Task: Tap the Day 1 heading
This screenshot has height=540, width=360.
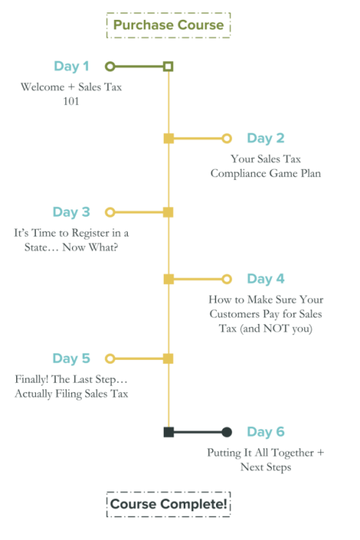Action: [71, 66]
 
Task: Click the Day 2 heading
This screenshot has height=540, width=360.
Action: [266, 138]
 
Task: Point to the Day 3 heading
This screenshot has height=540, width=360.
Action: [71, 212]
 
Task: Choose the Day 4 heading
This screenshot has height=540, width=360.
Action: [266, 279]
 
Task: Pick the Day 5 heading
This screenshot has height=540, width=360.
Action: [71, 359]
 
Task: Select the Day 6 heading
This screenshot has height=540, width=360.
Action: [266, 432]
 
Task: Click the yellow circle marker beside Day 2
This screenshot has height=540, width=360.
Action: [226, 138]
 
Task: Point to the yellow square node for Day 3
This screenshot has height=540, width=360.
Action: [168, 212]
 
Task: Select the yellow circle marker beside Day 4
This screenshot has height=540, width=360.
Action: [226, 279]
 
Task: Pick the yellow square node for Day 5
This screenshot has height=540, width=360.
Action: [168, 359]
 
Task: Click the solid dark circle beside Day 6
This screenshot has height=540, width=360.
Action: [226, 432]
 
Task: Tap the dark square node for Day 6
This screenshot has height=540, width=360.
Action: [168, 432]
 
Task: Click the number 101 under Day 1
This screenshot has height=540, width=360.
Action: [71, 101]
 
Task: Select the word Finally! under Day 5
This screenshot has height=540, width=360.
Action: [32, 379]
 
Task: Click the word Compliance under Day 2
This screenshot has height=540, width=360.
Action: [238, 173]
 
